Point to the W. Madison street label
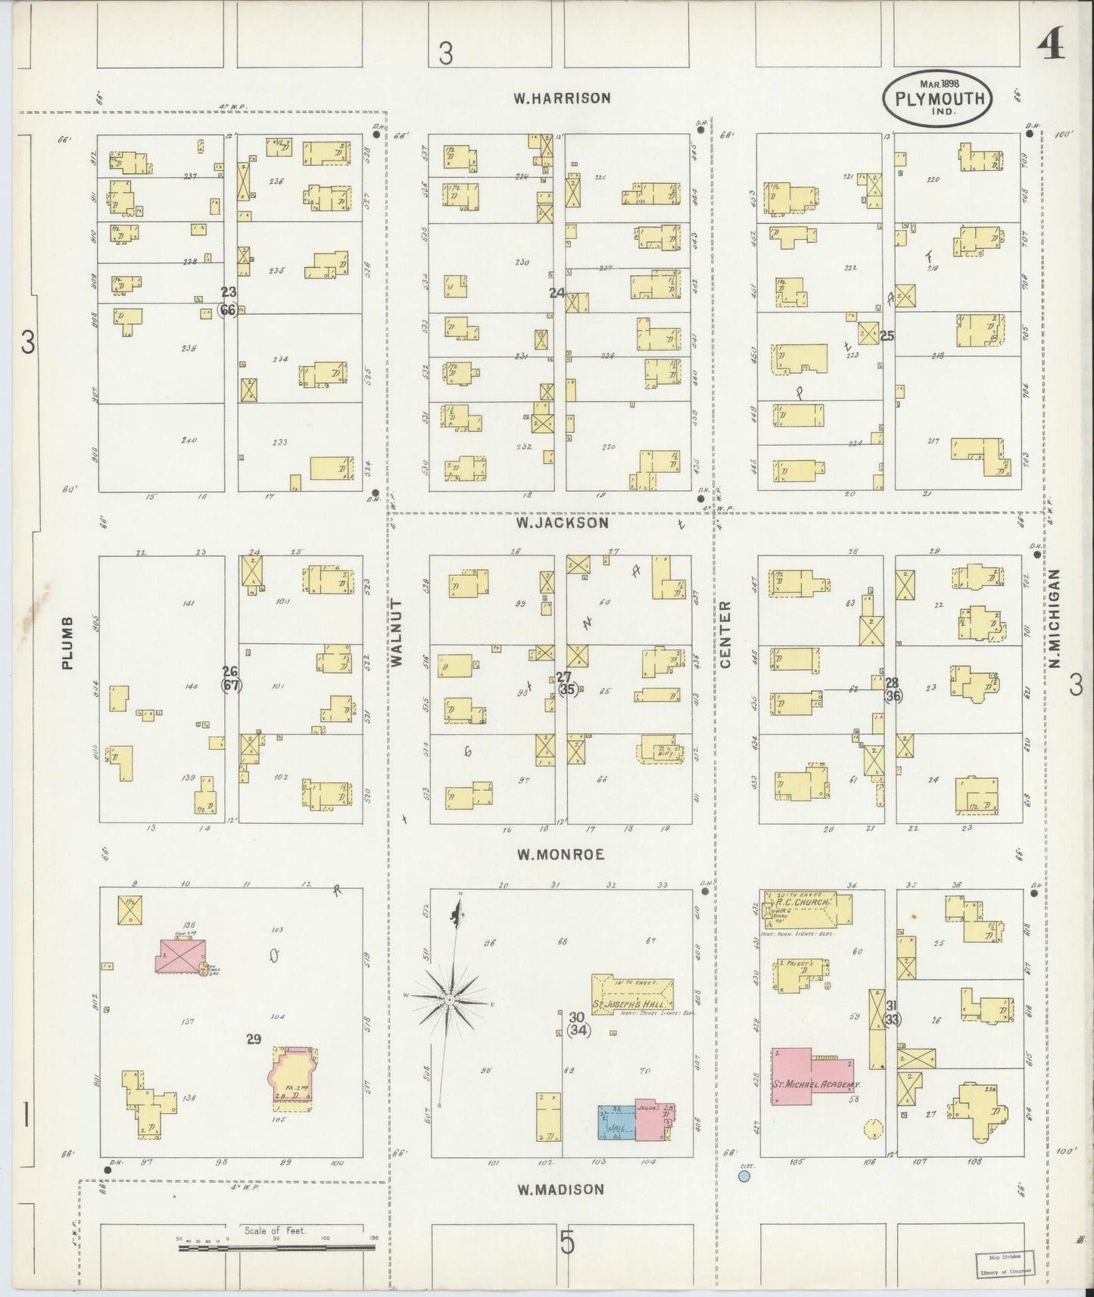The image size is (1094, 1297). (x=561, y=1190)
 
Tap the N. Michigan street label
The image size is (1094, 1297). (x=1054, y=619)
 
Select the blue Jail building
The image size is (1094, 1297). (x=616, y=1123)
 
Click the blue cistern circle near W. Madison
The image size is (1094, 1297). (x=744, y=1177)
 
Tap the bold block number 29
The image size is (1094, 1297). (x=254, y=1039)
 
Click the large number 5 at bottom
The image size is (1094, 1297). (x=567, y=1243)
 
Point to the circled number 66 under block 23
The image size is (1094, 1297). (x=228, y=309)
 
